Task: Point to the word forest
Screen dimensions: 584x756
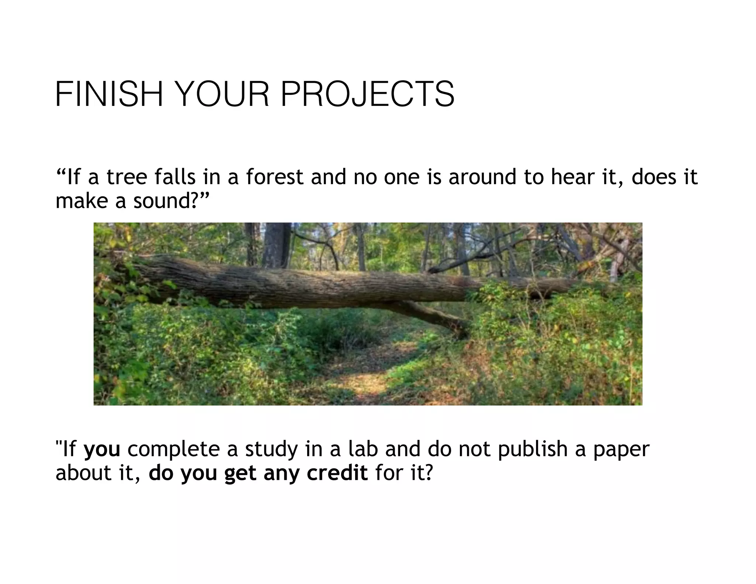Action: [275, 177]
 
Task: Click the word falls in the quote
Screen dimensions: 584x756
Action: [175, 177]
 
